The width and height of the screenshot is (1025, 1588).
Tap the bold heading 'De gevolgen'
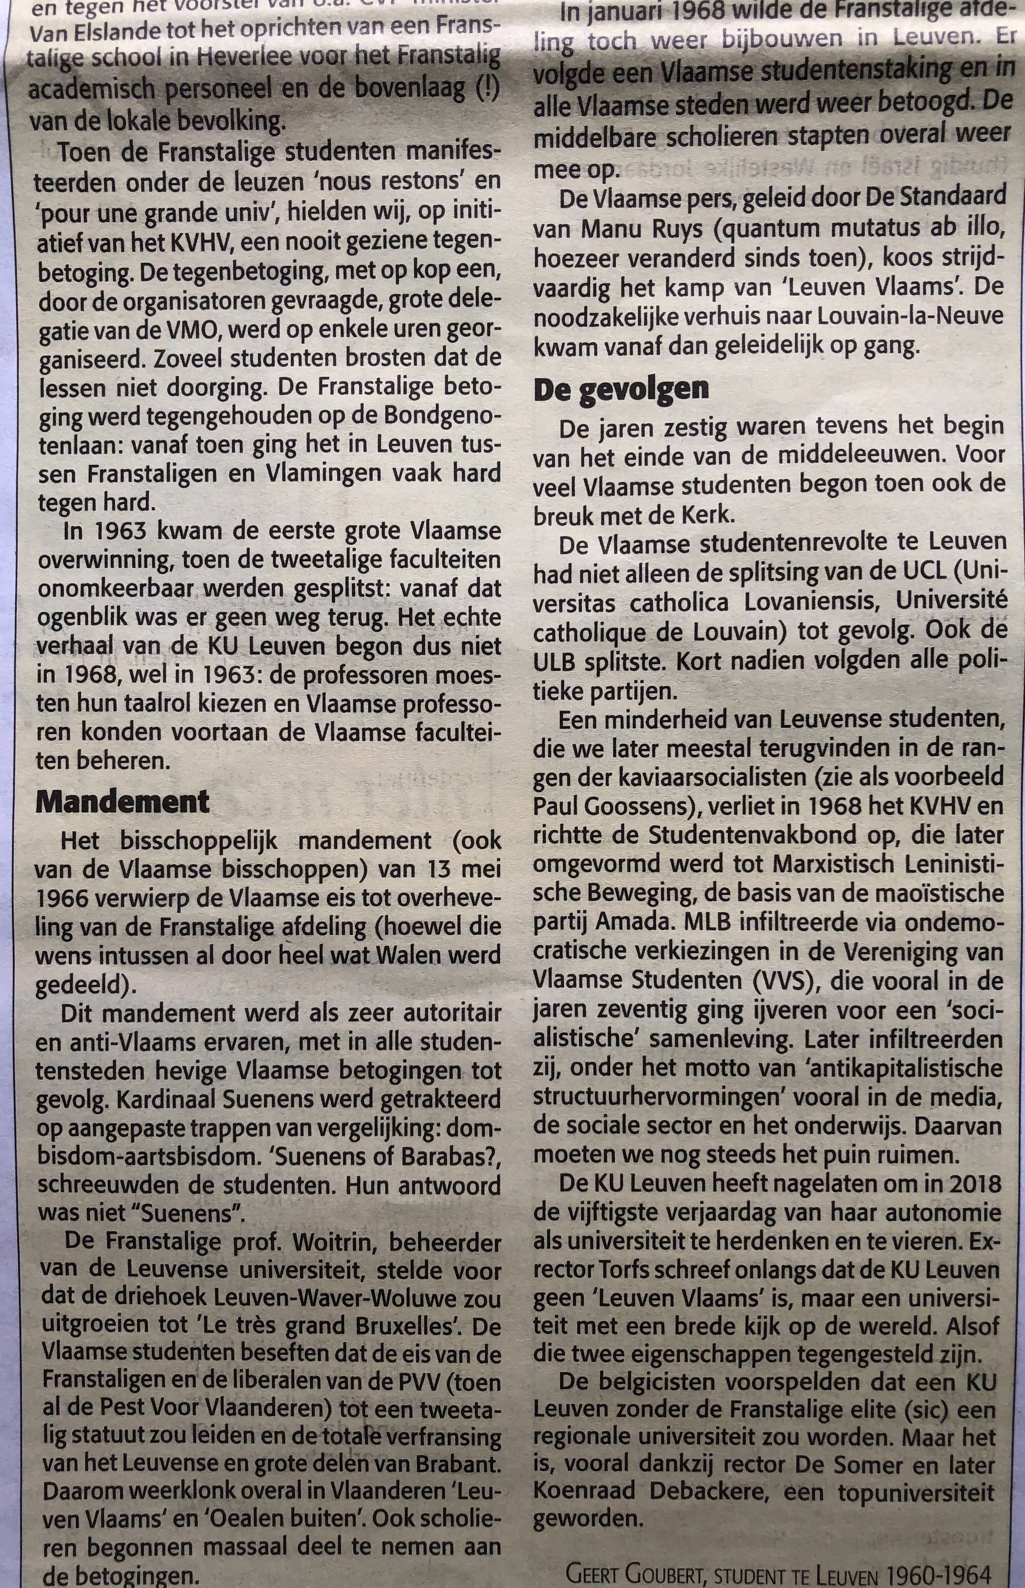click(x=620, y=389)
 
